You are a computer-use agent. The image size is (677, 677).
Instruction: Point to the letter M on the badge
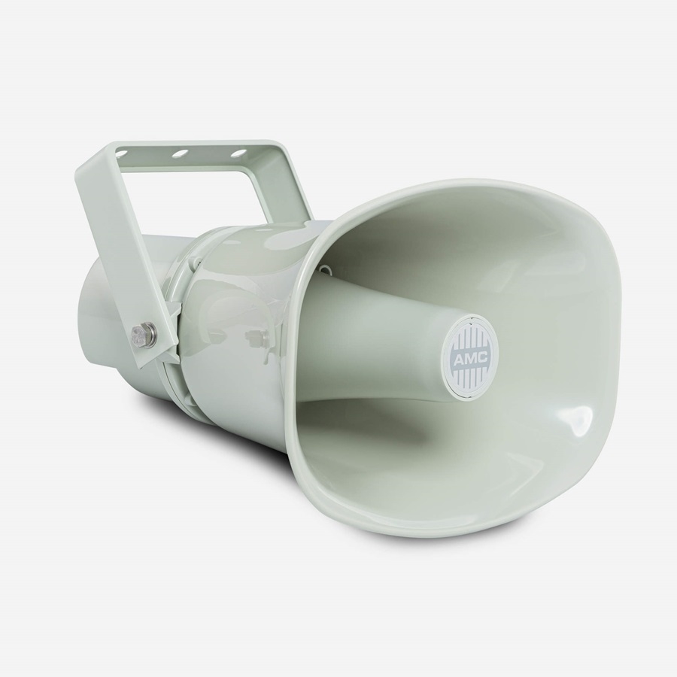(x=469, y=358)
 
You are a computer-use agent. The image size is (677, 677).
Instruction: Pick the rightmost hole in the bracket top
(x=237, y=153)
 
